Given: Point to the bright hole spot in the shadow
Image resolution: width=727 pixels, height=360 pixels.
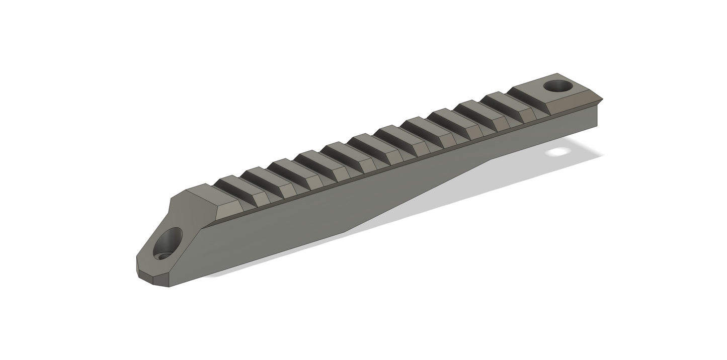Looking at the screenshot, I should click(x=558, y=151).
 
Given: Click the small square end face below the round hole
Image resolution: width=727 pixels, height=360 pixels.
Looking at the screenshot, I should click(x=597, y=116).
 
